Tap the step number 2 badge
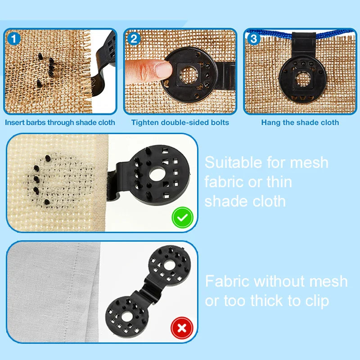(134, 39)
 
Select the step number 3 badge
(254, 39)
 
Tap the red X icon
(182, 328)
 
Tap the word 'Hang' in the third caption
(270, 122)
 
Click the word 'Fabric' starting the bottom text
(227, 282)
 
